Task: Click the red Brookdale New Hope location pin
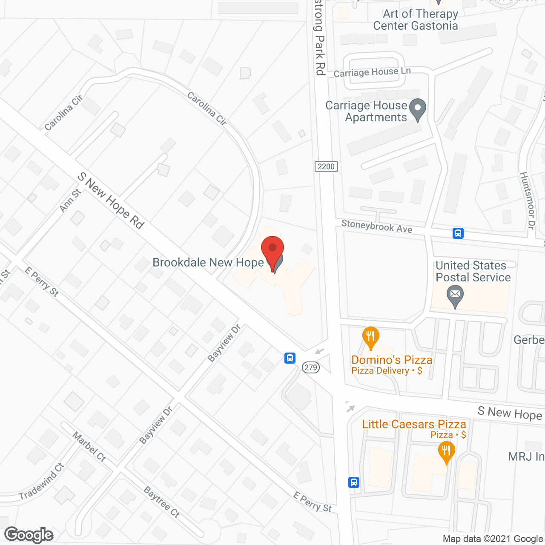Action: point(272,251)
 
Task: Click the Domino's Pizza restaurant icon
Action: point(371,338)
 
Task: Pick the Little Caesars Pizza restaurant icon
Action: point(446,452)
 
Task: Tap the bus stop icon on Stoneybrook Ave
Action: point(458,233)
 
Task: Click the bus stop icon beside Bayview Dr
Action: point(290,358)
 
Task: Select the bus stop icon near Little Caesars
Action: point(354,482)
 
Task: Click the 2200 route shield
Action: point(326,166)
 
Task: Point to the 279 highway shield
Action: point(311,367)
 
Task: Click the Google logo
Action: point(29,535)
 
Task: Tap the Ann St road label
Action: point(70,201)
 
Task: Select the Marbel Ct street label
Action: point(89,447)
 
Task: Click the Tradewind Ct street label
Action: point(41,482)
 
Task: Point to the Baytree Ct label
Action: point(162,502)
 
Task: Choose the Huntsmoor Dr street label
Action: point(527,201)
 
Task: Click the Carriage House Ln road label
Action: point(372,72)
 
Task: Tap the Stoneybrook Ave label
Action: point(377,226)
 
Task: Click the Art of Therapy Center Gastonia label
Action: point(416,20)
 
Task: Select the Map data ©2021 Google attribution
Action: point(493,539)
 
